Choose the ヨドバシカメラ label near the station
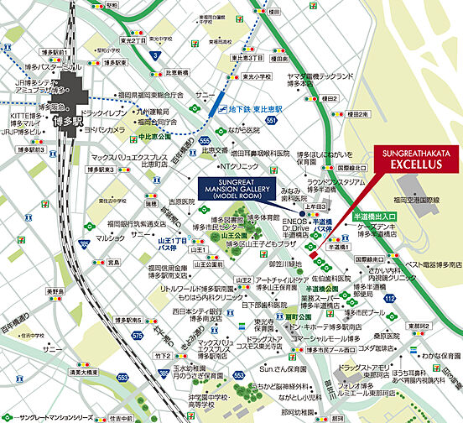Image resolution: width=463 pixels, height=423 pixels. [x=103, y=130]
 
